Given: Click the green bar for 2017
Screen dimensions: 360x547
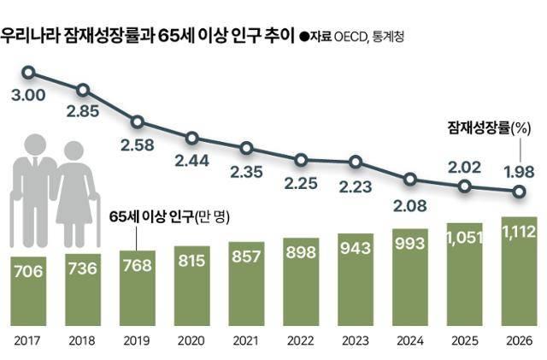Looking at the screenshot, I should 29,291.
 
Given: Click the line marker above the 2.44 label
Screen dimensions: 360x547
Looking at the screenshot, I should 191,138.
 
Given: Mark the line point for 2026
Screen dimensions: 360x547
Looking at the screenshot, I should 518,192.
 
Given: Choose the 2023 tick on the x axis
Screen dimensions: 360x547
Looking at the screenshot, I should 356,340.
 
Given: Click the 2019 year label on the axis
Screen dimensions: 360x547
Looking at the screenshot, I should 138,340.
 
